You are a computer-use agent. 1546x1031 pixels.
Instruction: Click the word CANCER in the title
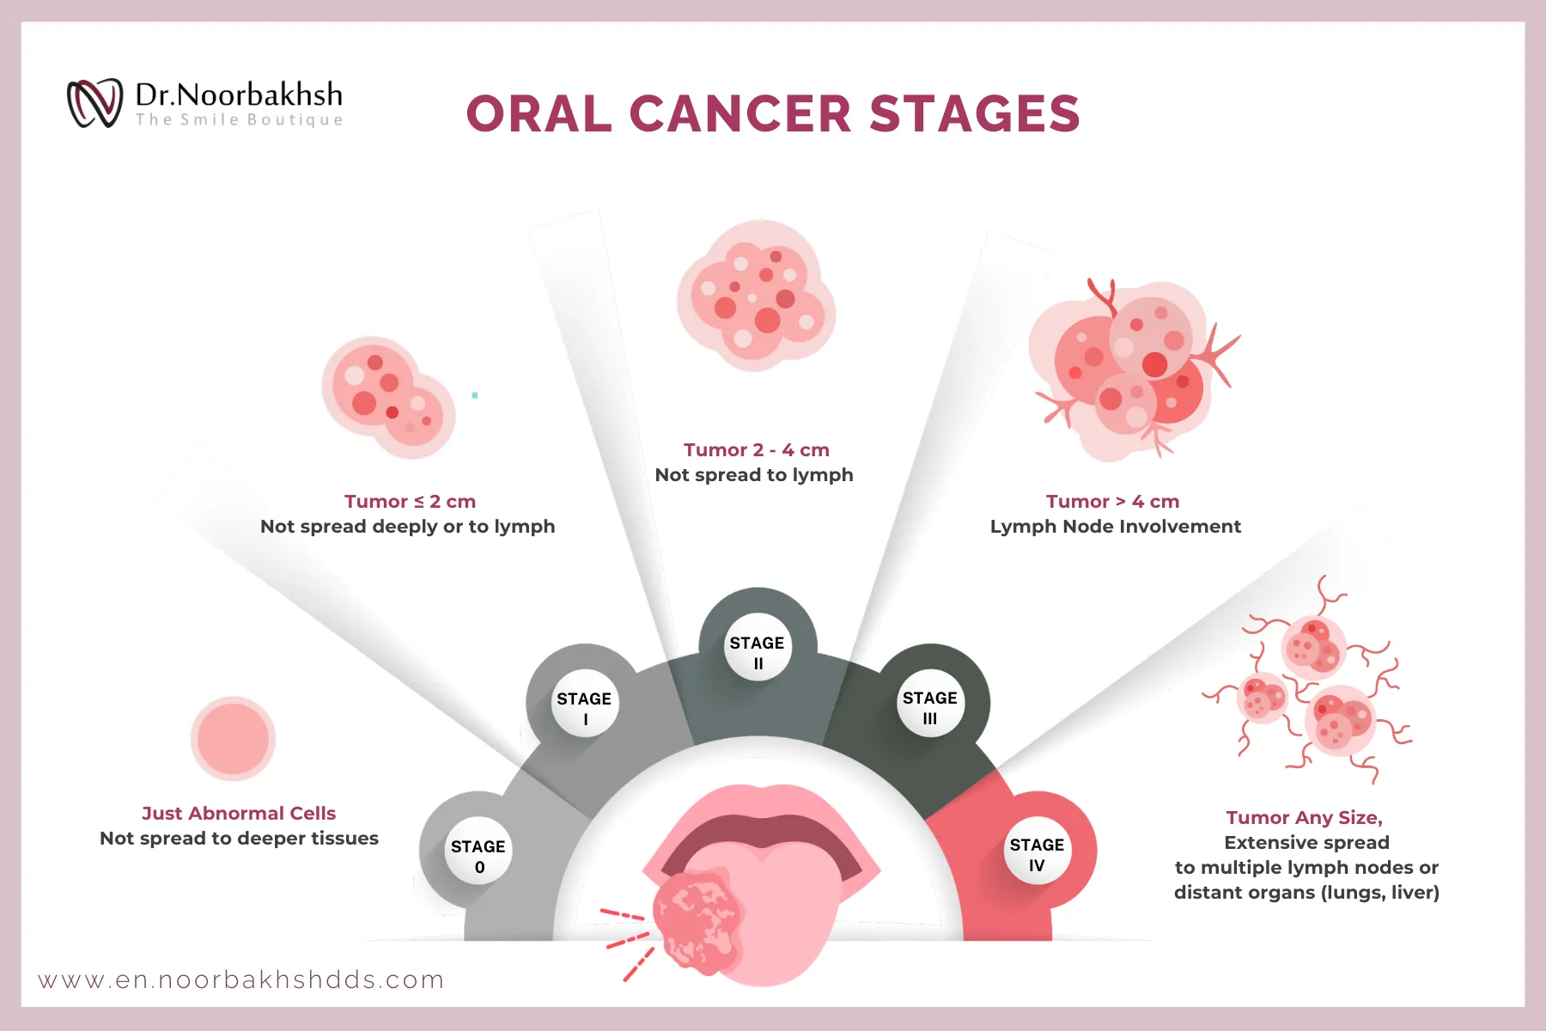740,114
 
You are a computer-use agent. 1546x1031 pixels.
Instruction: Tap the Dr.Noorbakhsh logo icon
94,103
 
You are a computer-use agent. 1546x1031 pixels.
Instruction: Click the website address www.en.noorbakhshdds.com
241,979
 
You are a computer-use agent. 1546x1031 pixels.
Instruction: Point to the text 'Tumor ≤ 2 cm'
410,501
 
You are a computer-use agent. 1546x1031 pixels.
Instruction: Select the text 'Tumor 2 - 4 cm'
756,449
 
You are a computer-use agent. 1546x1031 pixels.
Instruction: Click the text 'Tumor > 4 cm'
1112,501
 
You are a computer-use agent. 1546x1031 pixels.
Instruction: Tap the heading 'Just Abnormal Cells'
238,813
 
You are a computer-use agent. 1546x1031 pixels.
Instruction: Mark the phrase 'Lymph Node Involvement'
1115,526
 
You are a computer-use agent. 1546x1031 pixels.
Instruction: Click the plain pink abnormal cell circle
233,739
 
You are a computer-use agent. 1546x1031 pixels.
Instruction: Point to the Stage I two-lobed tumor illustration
388,397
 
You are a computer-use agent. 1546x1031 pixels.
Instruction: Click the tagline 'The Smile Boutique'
239,120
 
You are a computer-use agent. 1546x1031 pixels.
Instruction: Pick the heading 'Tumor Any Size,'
1304,817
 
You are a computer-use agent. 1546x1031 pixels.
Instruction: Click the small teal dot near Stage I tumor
475,395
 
